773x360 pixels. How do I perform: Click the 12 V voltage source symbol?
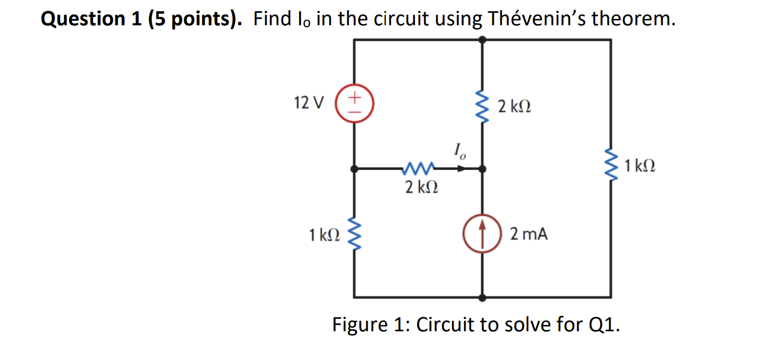[354, 105]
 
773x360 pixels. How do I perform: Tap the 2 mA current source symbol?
[482, 233]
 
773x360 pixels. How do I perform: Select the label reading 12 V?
[309, 103]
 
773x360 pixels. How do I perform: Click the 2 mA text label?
[528, 233]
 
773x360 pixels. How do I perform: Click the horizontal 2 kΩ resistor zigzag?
[419, 168]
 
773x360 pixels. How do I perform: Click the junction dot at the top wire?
[482, 39]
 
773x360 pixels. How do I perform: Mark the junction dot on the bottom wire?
[482, 297]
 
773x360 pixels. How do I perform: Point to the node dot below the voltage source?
[354, 168]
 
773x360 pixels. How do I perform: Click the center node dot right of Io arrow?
[482, 168]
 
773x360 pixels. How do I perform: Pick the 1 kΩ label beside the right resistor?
[639, 166]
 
